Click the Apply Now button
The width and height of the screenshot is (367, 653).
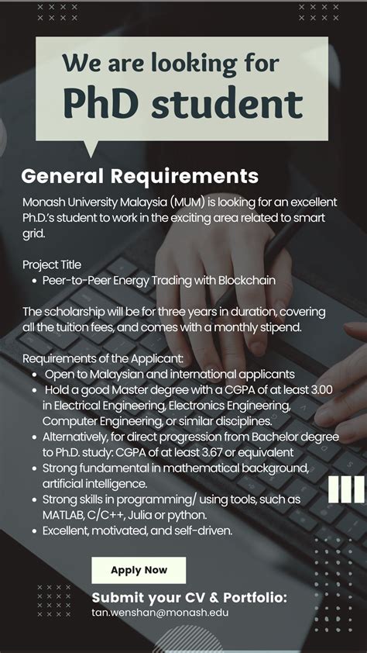click(x=139, y=570)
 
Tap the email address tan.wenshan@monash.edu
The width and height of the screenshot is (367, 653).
click(x=160, y=613)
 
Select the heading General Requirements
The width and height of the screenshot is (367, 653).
click(x=139, y=176)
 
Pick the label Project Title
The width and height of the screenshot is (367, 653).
click(x=52, y=264)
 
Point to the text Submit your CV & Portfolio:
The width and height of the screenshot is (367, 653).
click(x=189, y=597)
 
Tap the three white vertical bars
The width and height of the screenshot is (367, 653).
click(x=345, y=489)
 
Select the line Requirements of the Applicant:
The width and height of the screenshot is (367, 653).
click(x=103, y=358)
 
